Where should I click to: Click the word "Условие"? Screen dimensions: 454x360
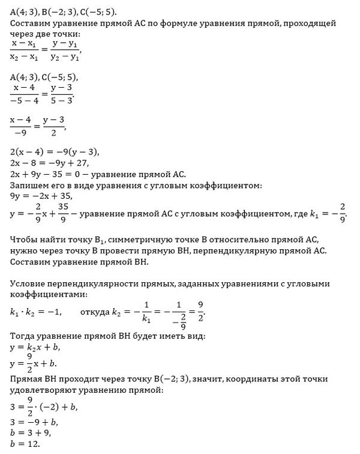28,283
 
